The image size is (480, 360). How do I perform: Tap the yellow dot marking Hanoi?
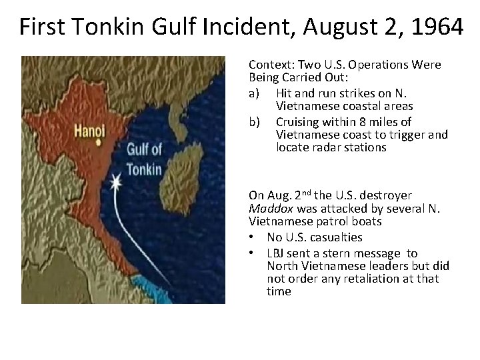coord(99,142)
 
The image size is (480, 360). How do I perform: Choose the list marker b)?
coord(254,121)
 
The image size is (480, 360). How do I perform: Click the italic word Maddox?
coord(267,209)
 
